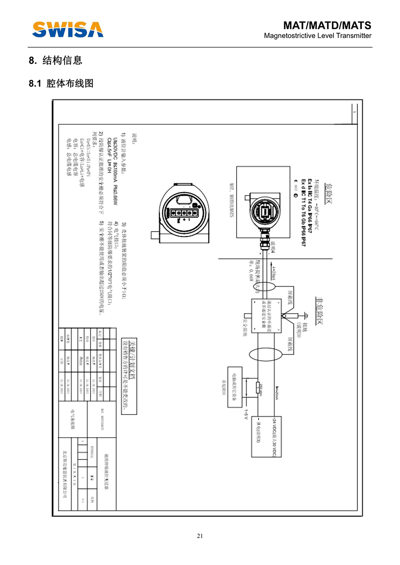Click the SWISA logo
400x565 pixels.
click(68, 30)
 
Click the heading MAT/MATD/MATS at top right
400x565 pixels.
click(327, 25)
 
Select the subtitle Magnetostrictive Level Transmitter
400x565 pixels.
click(317, 36)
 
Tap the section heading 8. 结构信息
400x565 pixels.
click(56, 61)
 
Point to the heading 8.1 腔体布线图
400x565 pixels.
click(61, 83)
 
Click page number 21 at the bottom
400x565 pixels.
click(200, 536)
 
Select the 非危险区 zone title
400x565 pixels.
click(320, 311)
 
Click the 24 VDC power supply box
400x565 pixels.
click(266, 436)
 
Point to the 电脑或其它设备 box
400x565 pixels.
click(235, 387)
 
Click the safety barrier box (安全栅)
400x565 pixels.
click(266, 316)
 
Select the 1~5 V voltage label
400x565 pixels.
click(246, 415)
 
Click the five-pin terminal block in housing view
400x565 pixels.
click(181, 213)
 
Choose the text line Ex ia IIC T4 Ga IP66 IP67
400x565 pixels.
click(309, 206)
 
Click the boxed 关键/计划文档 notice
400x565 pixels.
click(129, 376)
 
